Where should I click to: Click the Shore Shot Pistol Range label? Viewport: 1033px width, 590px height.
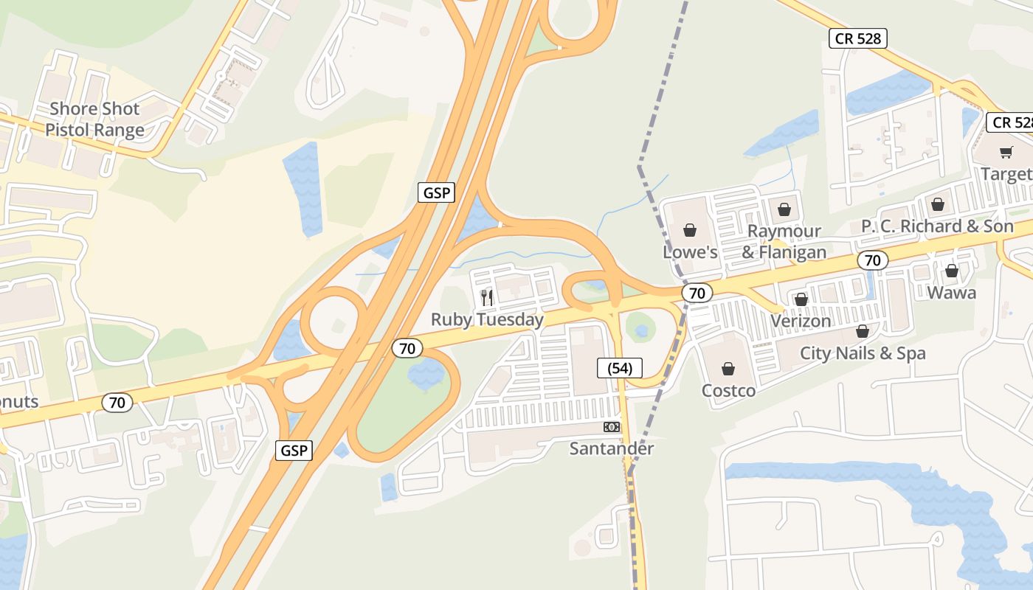(94, 119)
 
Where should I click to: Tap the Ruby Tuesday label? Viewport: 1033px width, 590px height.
(487, 319)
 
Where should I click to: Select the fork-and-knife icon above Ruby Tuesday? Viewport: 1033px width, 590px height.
(487, 297)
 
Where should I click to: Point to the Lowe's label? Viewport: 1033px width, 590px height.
(690, 252)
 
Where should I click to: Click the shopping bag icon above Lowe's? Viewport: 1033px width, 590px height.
(690, 230)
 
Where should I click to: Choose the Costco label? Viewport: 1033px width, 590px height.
(728, 390)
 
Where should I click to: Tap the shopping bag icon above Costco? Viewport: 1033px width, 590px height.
(728, 369)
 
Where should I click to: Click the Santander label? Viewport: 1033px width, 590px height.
(612, 448)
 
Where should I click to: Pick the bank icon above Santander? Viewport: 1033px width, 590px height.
(612, 427)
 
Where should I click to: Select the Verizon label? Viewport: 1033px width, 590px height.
(801, 322)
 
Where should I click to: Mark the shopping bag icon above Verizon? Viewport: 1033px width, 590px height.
(801, 299)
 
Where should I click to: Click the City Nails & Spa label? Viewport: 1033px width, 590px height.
(863, 353)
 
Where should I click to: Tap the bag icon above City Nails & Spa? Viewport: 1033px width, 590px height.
(863, 331)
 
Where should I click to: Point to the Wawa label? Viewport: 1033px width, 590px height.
(951, 293)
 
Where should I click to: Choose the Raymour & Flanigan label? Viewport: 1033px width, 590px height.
(784, 241)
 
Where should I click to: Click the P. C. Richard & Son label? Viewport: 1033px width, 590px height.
(938, 226)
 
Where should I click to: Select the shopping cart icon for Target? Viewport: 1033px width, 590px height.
(1006, 152)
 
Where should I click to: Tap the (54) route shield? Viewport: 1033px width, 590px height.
(620, 368)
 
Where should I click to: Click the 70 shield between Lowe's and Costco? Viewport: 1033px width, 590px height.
(697, 293)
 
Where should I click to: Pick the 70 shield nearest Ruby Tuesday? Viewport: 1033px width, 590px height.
(407, 348)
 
